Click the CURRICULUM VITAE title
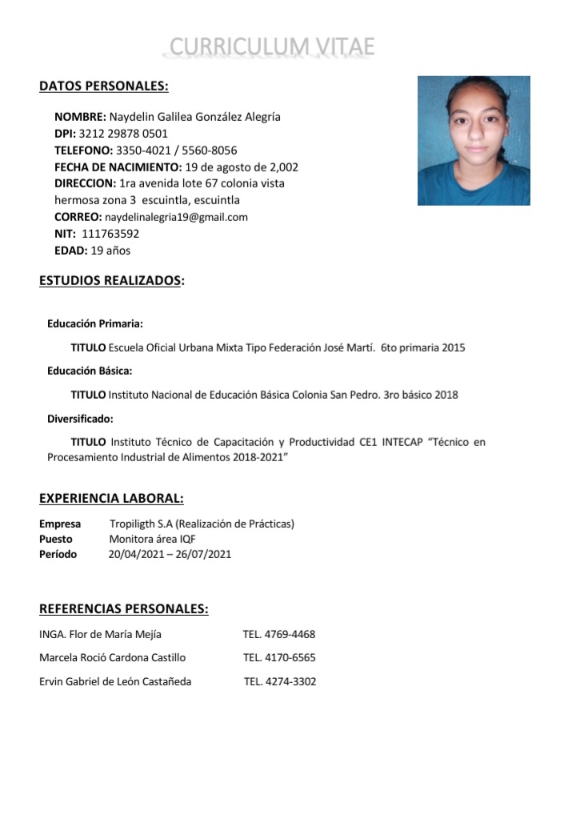[272, 47]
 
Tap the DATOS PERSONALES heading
[104, 86]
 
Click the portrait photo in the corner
[474, 141]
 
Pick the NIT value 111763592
[110, 234]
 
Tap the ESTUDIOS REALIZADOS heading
[112, 281]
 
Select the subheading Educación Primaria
[95, 323]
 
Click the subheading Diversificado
[80, 418]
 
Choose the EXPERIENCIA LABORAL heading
[111, 499]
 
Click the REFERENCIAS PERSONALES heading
[124, 609]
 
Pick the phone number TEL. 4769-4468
[279, 635]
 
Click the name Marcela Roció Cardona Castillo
[112, 658]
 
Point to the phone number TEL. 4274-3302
[280, 682]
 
